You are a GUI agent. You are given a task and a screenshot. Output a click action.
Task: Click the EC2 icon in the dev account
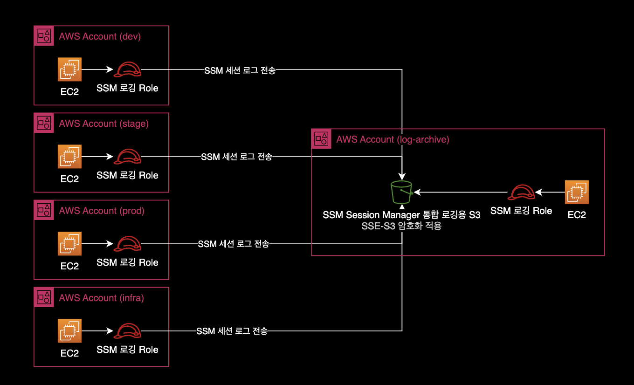pyautogui.click(x=69, y=69)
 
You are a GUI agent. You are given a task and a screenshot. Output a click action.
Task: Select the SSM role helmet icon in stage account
pyautogui.click(x=128, y=157)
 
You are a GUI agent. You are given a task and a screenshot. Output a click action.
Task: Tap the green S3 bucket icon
pyautogui.click(x=401, y=192)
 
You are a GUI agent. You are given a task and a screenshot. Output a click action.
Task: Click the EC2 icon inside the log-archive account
pyautogui.click(x=577, y=192)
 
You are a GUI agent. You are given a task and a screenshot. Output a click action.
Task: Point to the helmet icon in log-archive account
pyautogui.click(x=521, y=192)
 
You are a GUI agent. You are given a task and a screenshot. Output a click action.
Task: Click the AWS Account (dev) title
pyautogui.click(x=100, y=36)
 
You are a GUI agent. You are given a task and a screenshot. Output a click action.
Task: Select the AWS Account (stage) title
pyautogui.click(x=103, y=124)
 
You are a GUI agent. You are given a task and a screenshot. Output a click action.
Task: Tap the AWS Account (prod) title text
pyautogui.click(x=102, y=211)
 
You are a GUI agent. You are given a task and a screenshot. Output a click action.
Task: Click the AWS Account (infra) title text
pyautogui.click(x=101, y=298)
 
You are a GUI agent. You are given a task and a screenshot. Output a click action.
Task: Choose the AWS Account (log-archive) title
pyautogui.click(x=393, y=139)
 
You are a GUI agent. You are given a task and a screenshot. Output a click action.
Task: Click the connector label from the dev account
pyautogui.click(x=240, y=70)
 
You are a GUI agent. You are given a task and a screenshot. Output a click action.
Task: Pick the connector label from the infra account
pyautogui.click(x=232, y=331)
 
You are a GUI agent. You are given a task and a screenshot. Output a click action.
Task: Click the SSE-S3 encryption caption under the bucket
pyautogui.click(x=401, y=226)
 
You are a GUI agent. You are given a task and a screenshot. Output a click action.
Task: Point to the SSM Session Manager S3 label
pyautogui.click(x=401, y=215)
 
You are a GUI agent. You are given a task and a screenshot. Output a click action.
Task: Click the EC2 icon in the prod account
pyautogui.click(x=69, y=244)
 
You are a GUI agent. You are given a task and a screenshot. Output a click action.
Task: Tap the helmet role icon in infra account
pyautogui.click(x=128, y=331)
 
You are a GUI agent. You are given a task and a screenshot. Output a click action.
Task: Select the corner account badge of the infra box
pyautogui.click(x=44, y=297)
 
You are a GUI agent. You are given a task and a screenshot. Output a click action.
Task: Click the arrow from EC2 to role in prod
pyautogui.click(x=97, y=244)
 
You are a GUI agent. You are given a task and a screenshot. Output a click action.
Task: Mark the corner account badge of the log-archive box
pyautogui.click(x=321, y=139)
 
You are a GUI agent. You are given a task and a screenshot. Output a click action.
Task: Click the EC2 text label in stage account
pyautogui.click(x=69, y=179)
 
